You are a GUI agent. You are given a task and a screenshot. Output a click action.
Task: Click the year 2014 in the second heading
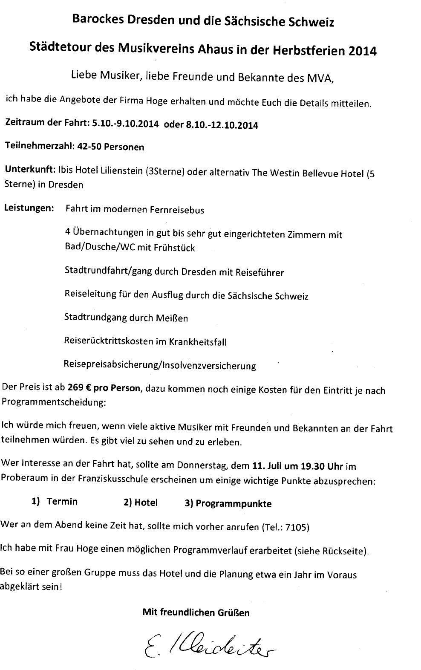362,51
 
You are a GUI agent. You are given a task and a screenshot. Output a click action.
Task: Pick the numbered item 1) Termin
55,501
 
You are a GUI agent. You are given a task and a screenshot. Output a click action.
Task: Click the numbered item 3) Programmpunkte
228,503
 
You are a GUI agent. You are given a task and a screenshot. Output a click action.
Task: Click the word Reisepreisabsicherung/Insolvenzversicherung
160,365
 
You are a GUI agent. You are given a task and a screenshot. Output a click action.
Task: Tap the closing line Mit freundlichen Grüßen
196,613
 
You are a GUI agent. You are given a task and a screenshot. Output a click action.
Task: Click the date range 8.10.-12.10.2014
217,125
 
